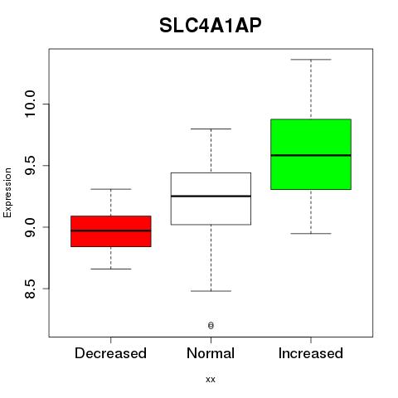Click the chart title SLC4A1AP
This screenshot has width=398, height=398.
pos(211,26)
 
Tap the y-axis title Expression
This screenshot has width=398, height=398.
pos(7,192)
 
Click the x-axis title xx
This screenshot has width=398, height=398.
pos(211,379)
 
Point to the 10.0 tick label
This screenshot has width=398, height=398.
pos(30,104)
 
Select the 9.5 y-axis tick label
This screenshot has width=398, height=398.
pos(30,165)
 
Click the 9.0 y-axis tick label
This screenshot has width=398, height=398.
pos(30,227)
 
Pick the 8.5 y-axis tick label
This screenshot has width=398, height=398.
pos(30,289)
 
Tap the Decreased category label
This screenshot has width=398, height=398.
pos(110,353)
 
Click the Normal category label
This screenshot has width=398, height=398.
pos(211,353)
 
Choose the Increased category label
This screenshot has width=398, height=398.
pos(311,353)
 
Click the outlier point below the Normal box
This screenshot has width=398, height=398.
pos(211,325)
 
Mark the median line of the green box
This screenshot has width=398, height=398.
pos(311,155)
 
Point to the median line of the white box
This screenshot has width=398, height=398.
pos(211,196)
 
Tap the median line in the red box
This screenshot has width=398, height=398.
pos(111,231)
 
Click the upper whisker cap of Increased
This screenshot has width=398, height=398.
pos(311,60)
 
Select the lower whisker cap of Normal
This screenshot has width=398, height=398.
pos(211,291)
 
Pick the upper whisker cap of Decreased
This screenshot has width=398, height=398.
pos(111,189)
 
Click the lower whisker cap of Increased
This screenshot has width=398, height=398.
pos(311,234)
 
